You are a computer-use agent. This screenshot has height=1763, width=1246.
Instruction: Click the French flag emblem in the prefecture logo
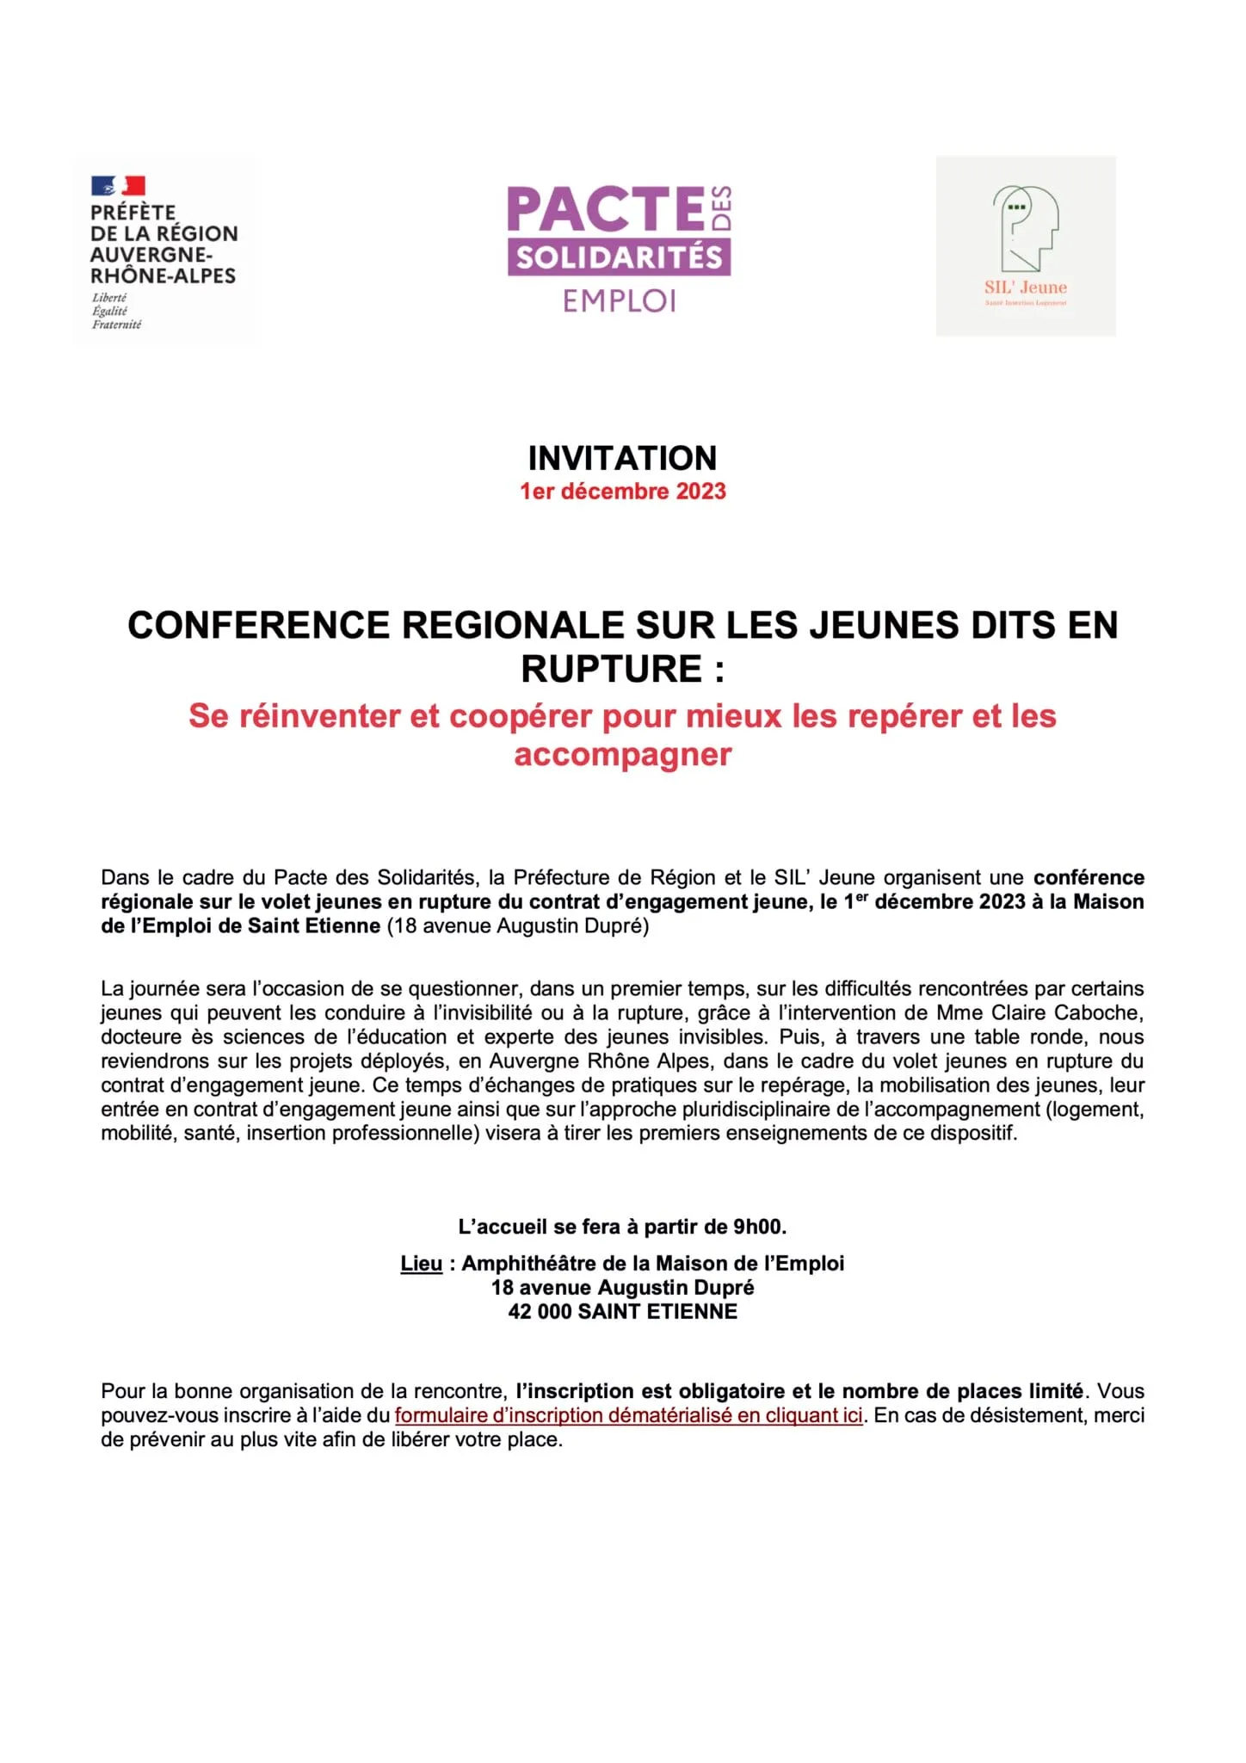(118, 185)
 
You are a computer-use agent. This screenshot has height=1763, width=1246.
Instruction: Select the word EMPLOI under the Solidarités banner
(620, 300)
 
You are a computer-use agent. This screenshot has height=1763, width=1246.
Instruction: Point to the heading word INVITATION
(622, 458)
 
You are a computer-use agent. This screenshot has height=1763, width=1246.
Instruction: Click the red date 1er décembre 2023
(622, 492)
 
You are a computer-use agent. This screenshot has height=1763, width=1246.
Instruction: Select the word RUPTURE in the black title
(612, 669)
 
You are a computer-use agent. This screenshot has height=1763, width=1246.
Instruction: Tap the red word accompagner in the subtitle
(622, 754)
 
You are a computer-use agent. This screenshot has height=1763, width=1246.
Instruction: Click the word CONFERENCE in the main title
(258, 625)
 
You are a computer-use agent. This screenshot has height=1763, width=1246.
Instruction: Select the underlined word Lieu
(421, 1263)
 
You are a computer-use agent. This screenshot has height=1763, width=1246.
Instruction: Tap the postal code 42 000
(540, 1311)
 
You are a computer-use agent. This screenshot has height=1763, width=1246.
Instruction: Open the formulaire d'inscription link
(628, 1415)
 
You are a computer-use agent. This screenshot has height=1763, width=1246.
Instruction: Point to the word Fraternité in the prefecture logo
(117, 325)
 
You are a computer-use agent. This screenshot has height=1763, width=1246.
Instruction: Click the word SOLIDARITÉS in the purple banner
(619, 257)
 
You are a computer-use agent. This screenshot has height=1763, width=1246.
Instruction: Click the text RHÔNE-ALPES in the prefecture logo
(163, 275)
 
